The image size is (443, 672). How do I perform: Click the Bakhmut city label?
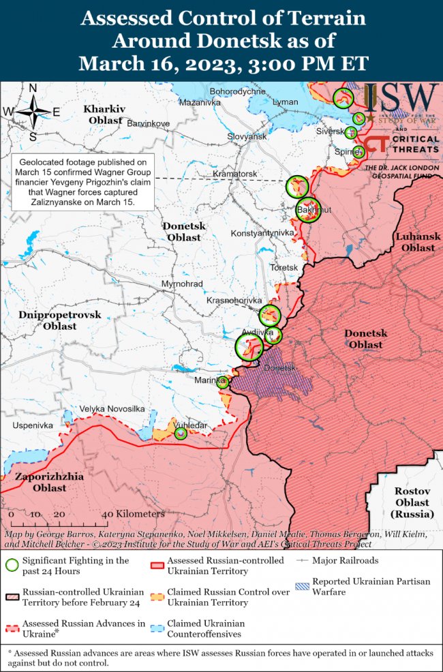point(316,210)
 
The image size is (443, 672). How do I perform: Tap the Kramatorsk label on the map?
point(234,174)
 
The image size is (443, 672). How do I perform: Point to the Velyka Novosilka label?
point(112,409)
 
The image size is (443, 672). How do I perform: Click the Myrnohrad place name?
point(183,284)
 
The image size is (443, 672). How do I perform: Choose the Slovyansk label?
point(247,137)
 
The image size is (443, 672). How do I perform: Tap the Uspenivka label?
point(32,425)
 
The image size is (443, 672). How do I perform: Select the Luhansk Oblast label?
point(418,242)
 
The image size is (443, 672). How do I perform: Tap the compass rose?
point(32,112)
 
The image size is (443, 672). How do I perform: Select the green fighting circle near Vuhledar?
point(181,433)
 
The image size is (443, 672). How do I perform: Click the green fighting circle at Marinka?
point(223,382)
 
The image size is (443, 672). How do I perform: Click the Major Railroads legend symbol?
point(302,562)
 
